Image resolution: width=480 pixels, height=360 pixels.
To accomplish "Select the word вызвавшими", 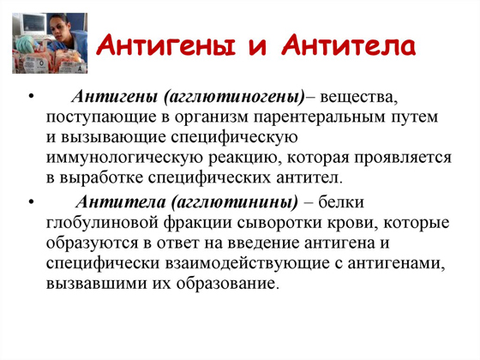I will coord(98,285).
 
